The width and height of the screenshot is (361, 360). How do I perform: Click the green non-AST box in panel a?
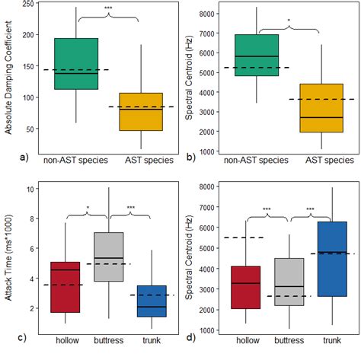(76, 63)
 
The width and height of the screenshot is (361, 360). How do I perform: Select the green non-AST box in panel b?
(257, 55)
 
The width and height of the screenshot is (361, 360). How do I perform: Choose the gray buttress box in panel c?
(109, 256)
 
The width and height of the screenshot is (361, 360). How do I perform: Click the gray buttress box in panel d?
(289, 282)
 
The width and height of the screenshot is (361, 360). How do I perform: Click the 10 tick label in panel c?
(32, 189)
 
